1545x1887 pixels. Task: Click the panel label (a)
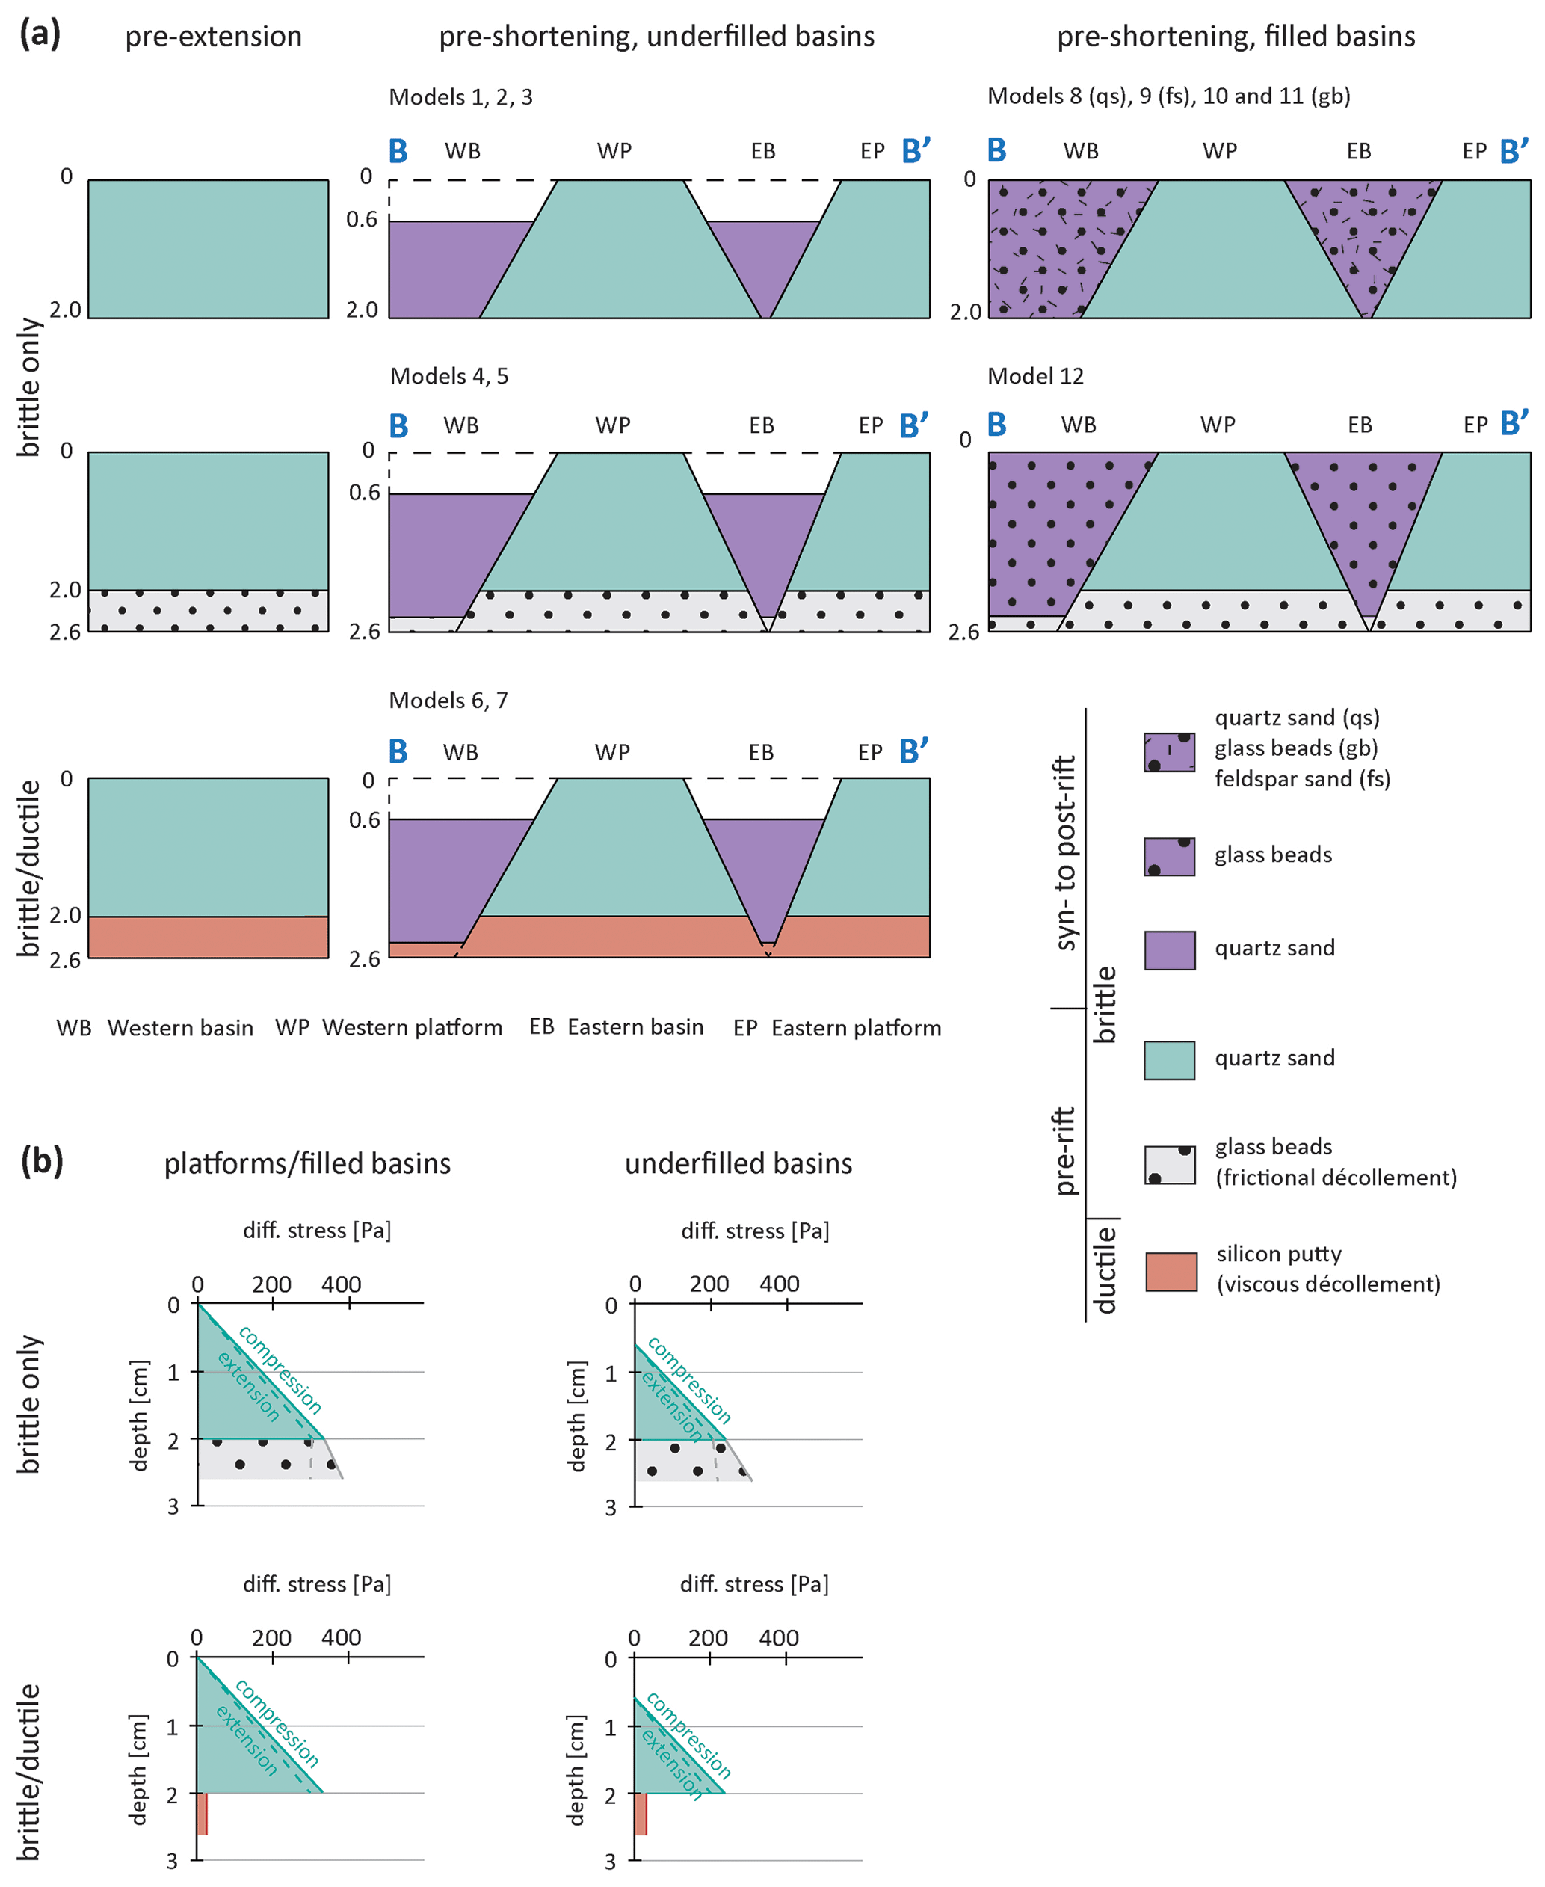point(40,34)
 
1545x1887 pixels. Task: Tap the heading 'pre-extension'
point(214,37)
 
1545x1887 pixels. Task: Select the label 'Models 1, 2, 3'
point(460,97)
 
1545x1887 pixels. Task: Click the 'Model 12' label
point(1035,375)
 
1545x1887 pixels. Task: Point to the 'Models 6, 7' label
point(448,701)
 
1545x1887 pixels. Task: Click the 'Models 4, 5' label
point(448,375)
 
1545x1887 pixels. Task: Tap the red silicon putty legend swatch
point(1171,1271)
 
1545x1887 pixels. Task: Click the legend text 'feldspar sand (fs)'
point(1302,779)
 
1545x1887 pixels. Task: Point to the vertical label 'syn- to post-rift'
point(1065,853)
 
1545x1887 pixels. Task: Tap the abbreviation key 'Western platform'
point(412,1027)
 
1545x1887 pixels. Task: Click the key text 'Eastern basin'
point(635,1026)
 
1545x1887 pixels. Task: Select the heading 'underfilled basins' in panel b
point(738,1163)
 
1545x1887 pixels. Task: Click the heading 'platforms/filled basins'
point(307,1163)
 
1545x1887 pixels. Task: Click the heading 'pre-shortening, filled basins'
point(1236,37)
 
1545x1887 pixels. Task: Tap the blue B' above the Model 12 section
point(1513,424)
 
